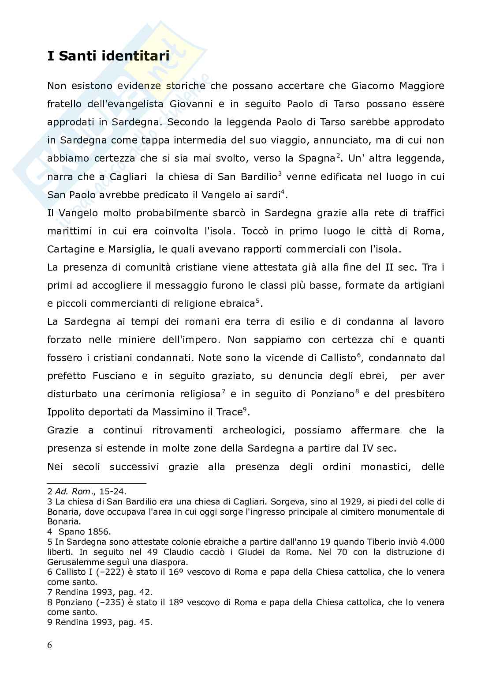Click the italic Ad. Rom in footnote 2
coord(70,491)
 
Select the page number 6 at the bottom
coord(49,645)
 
